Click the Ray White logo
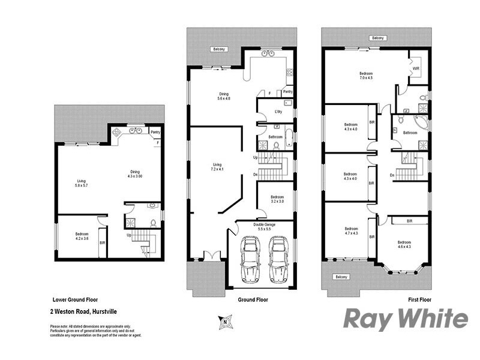pos(405,319)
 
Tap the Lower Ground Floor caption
pos(75,299)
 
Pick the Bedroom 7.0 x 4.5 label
pos(366,76)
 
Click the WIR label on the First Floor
pos(416,69)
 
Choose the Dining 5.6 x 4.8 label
pos(223,96)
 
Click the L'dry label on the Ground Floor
pos(278,112)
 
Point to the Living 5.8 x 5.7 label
pos(81,183)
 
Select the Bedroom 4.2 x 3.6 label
pos(82,236)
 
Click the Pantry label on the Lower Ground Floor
pos(155,132)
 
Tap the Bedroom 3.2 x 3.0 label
pos(277,199)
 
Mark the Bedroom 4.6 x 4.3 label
pos(404,244)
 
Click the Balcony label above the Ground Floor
pos(218,49)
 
